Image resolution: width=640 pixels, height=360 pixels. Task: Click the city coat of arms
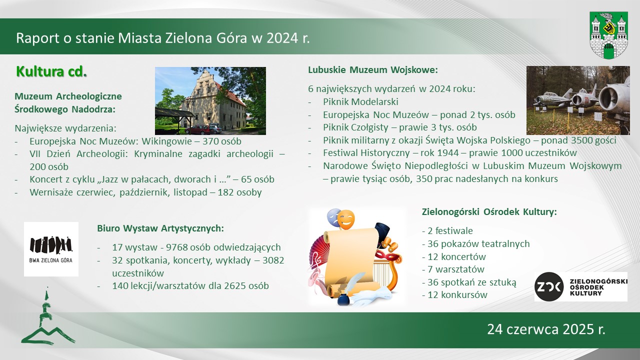click(608, 35)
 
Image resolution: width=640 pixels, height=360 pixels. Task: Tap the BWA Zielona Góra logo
click(51, 249)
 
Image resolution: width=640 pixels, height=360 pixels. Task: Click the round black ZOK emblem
click(549, 286)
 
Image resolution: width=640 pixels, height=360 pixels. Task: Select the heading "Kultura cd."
click(51, 71)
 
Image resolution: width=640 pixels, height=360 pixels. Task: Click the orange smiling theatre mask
click(346, 219)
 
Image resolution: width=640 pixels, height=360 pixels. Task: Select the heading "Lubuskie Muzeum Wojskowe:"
click(373, 69)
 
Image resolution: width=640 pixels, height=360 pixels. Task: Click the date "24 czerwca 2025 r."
click(546, 329)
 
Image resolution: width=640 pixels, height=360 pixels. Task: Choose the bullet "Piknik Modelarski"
click(360, 101)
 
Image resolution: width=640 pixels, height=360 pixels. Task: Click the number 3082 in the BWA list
click(273, 260)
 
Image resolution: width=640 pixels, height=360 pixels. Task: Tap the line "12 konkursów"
click(454, 295)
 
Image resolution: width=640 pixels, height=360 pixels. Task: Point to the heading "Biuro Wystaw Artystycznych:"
click(160, 228)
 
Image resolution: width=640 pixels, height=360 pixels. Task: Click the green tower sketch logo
click(48, 316)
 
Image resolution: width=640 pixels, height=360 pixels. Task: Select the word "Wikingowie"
click(167, 141)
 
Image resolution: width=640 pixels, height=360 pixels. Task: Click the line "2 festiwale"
click(447, 231)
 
